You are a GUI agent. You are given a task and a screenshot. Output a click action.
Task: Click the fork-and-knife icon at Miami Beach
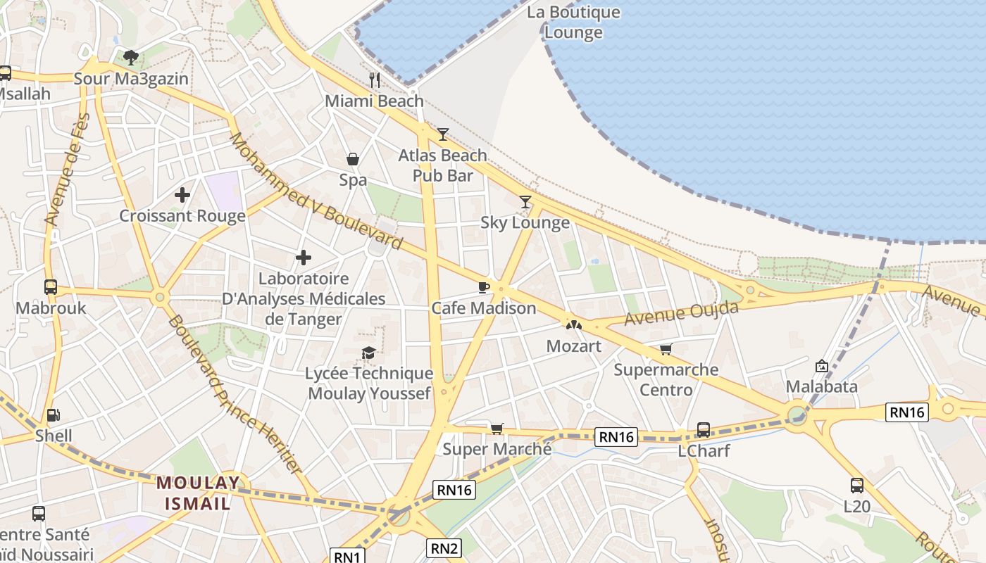click(375, 80)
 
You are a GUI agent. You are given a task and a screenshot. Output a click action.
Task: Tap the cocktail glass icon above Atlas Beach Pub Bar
click(443, 134)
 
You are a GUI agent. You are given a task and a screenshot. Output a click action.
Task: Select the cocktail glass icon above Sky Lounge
click(525, 202)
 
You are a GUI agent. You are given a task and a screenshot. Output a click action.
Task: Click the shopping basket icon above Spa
click(353, 159)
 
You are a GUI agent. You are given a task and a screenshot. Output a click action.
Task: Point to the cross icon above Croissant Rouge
click(182, 195)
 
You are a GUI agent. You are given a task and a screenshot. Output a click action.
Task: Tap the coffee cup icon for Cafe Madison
click(483, 287)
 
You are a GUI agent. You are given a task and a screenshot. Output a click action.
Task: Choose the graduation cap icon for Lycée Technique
click(368, 353)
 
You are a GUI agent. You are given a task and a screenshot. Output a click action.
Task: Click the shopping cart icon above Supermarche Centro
click(666, 349)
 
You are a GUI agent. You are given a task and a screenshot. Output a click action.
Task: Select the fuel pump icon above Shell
click(54, 415)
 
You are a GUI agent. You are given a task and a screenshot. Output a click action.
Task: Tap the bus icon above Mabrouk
click(51, 287)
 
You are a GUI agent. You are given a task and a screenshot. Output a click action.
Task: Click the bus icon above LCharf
click(703, 429)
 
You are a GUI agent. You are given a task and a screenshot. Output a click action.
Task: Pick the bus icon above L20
click(856, 485)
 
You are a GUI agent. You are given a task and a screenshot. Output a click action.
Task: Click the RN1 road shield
click(348, 557)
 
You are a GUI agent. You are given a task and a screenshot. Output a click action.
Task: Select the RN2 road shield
click(445, 548)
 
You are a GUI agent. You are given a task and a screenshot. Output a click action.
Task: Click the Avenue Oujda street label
click(682, 313)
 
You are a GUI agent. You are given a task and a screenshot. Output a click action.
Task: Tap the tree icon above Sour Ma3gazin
click(130, 58)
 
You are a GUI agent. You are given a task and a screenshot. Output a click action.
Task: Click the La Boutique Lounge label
click(573, 22)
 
